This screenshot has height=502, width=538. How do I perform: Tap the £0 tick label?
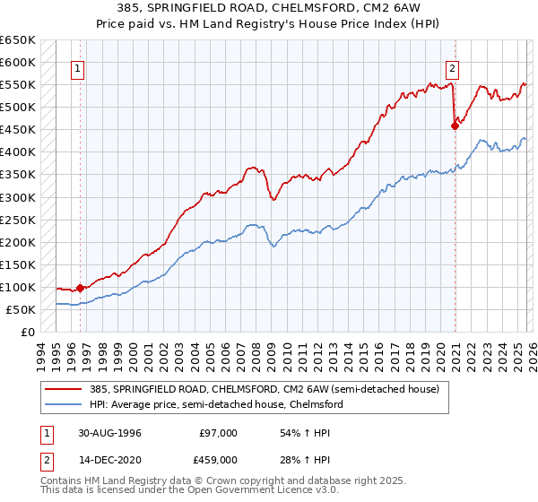point(28,332)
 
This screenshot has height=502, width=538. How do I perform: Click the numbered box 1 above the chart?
point(78,67)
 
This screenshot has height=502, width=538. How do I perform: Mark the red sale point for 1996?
point(81,288)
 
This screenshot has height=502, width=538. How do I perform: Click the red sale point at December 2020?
point(455,125)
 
